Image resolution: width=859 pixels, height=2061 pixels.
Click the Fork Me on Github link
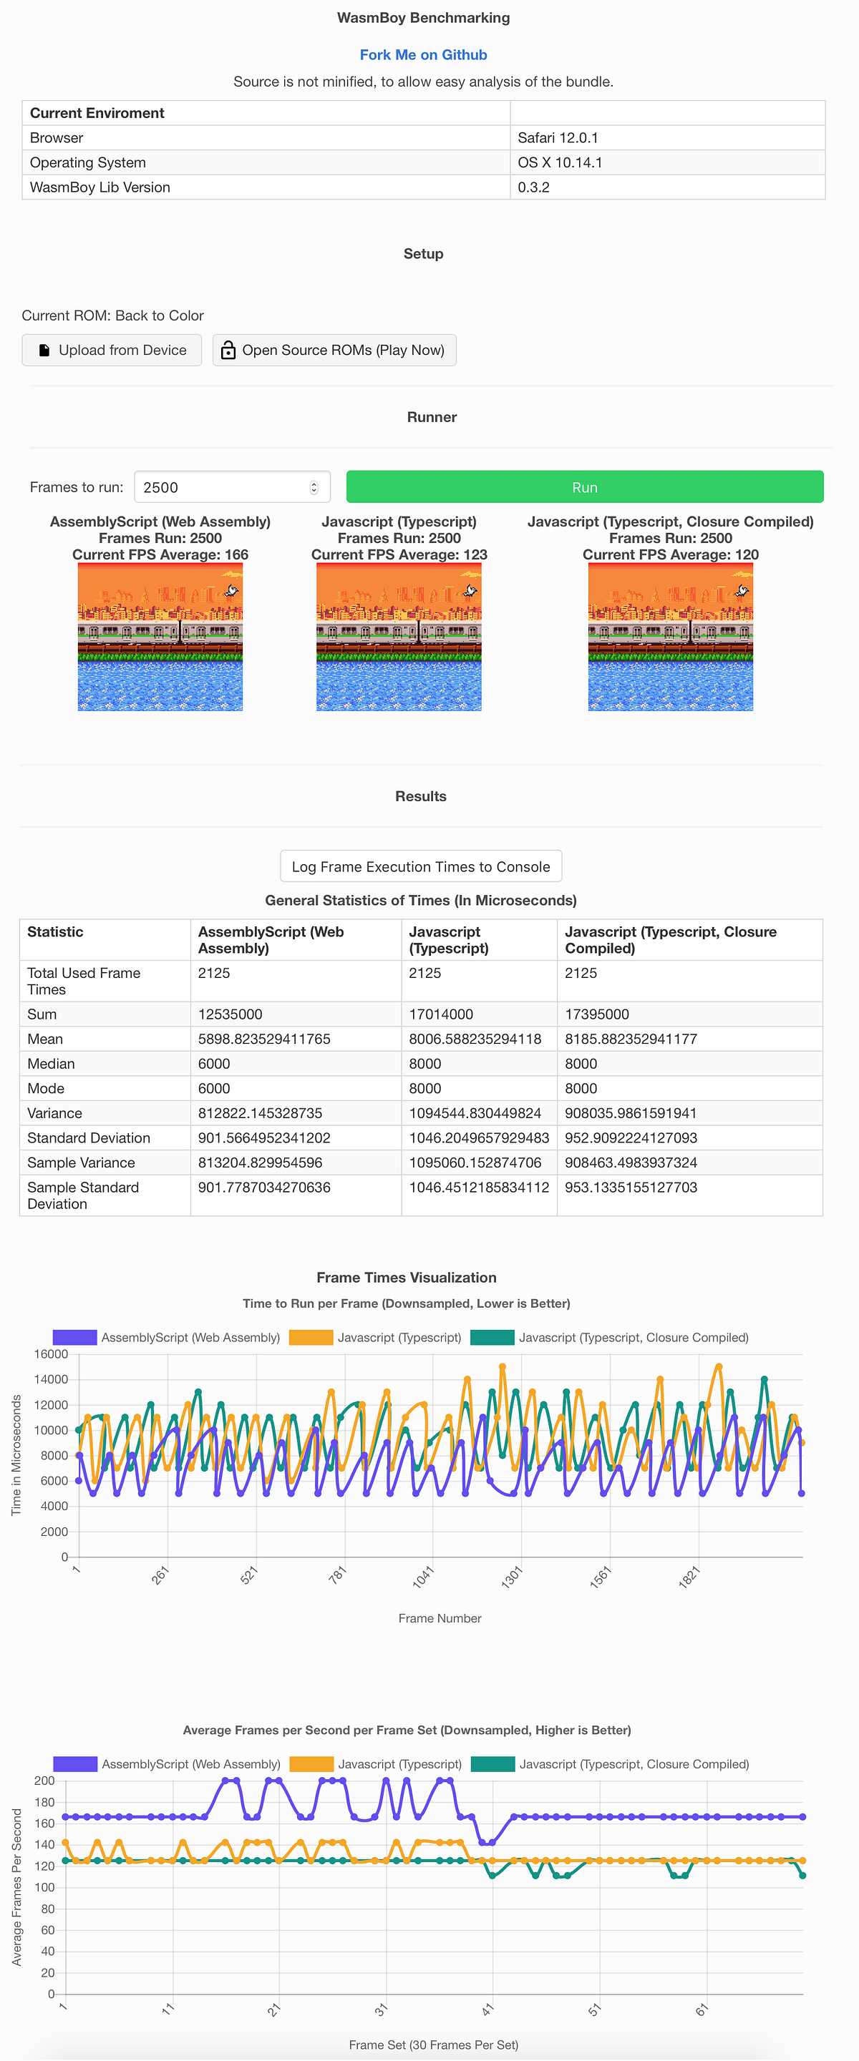click(422, 54)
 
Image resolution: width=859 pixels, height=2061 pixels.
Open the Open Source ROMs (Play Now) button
click(334, 350)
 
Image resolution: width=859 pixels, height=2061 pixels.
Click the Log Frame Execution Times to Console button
click(420, 866)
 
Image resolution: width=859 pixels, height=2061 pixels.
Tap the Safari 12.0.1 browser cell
click(557, 137)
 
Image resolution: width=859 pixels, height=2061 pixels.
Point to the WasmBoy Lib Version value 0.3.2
click(533, 187)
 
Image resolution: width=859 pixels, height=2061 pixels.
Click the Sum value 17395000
click(596, 1014)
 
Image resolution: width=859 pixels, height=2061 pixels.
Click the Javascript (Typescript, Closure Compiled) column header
click(670, 939)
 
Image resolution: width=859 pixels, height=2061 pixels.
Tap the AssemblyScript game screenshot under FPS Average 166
click(160, 637)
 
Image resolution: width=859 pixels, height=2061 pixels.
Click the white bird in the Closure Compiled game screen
click(742, 590)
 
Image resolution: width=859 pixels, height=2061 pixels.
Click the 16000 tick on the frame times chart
click(50, 1353)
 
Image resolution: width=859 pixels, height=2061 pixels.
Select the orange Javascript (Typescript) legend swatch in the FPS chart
click(311, 1763)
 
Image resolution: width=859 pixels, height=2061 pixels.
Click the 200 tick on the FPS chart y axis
click(44, 1780)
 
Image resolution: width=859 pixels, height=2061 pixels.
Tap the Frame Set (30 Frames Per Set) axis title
click(433, 2045)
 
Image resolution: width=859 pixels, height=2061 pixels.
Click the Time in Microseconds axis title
click(16, 1454)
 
